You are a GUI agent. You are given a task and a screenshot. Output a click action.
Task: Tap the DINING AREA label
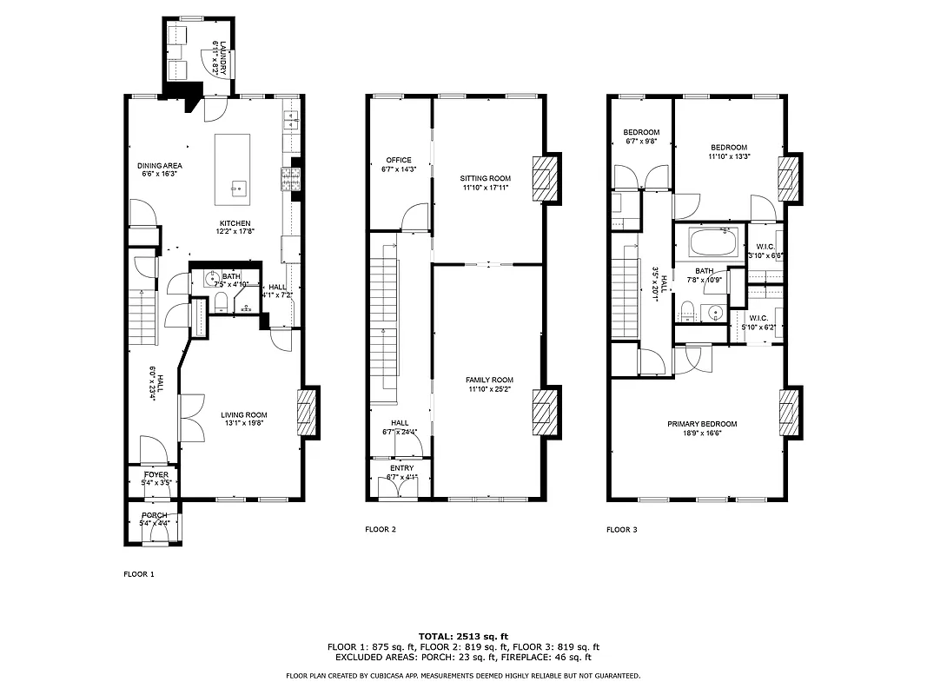pyautogui.click(x=159, y=165)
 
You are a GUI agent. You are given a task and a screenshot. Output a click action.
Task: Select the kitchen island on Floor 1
pyautogui.click(x=233, y=168)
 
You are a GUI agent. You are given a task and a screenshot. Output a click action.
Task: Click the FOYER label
pyautogui.click(x=156, y=474)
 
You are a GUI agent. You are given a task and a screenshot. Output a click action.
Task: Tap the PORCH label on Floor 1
pyautogui.click(x=155, y=515)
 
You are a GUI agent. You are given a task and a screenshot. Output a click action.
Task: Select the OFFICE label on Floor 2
pyautogui.click(x=399, y=160)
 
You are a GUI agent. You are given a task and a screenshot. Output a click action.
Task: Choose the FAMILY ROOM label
pyautogui.click(x=489, y=380)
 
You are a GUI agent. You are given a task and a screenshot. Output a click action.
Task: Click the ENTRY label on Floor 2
pyautogui.click(x=401, y=468)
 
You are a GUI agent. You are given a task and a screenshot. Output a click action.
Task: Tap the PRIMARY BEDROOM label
pyautogui.click(x=701, y=424)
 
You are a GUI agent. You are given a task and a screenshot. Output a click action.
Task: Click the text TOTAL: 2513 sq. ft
pyautogui.click(x=463, y=636)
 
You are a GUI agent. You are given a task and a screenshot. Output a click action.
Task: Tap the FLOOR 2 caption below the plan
pyautogui.click(x=381, y=529)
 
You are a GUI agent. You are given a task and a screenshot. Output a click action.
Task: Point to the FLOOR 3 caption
pyautogui.click(x=621, y=529)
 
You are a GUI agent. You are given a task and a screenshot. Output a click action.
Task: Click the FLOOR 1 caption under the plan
pyautogui.click(x=138, y=574)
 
